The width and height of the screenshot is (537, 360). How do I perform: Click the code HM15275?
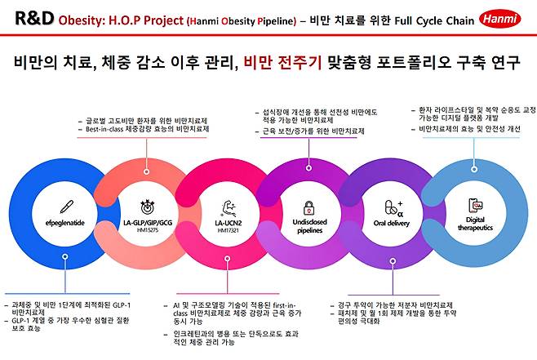tap(148, 230)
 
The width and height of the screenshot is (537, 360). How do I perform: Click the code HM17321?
tap(229, 230)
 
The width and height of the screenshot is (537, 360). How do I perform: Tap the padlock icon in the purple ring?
tap(309, 207)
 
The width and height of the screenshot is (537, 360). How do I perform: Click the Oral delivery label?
tap(391, 221)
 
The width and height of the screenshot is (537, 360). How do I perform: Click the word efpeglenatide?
tap(58, 220)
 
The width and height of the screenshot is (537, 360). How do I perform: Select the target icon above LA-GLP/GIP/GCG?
tap(148, 205)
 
